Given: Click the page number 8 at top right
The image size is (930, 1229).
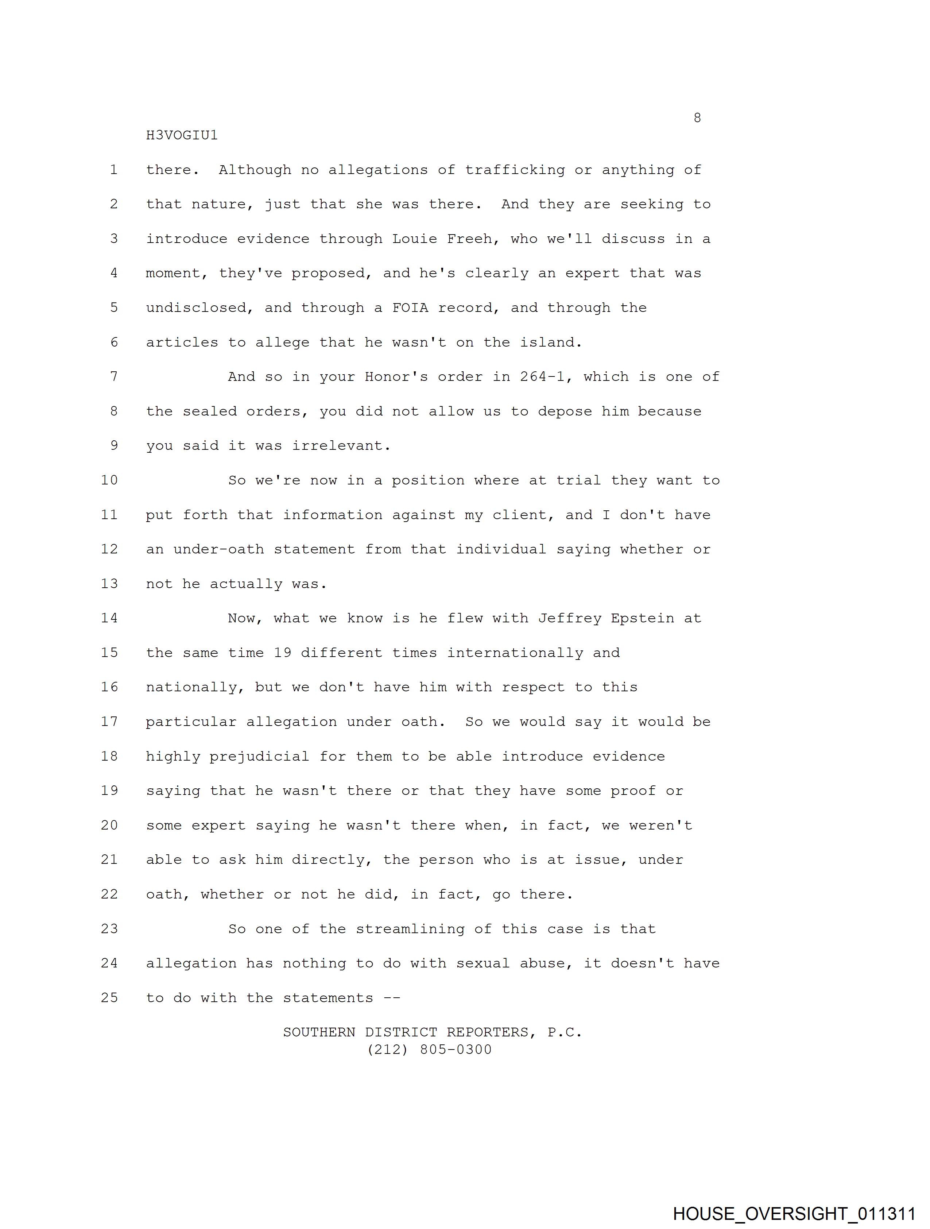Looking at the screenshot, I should [697, 118].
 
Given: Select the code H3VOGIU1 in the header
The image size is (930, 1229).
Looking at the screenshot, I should [182, 136].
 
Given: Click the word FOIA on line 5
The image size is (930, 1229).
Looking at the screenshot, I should [410, 308].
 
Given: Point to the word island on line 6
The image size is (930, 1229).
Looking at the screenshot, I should [551, 342].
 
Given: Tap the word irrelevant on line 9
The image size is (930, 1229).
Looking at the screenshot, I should [342, 445].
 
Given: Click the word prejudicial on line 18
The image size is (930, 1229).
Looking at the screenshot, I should [259, 757].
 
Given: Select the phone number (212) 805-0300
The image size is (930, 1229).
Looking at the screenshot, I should [429, 1050].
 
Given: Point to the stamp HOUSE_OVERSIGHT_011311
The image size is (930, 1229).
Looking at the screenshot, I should [794, 1213].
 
